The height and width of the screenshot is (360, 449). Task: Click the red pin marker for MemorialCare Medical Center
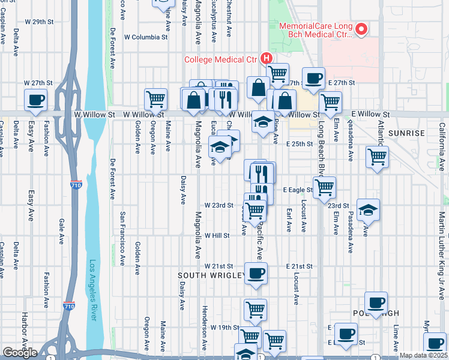point(361,29)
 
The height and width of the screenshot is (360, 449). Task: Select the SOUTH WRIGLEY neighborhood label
point(211,275)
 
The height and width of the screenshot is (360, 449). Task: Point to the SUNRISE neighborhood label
point(406,133)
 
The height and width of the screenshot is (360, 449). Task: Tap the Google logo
point(20,353)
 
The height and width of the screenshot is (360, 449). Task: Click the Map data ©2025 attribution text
point(423,355)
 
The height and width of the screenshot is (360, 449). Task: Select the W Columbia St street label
point(145,37)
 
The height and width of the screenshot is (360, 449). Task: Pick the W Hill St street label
point(217,236)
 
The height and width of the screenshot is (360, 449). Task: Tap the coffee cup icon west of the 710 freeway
point(35,99)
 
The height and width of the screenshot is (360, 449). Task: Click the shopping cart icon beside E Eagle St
point(324,186)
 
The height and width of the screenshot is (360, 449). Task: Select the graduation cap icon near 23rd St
point(368,209)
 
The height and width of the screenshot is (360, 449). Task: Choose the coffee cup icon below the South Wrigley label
point(256,274)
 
